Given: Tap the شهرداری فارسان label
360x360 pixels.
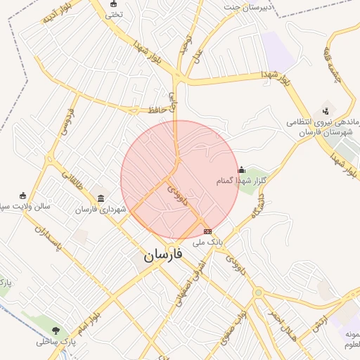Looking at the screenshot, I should coord(103,210).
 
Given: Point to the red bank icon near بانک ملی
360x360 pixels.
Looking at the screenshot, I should coord(207,231).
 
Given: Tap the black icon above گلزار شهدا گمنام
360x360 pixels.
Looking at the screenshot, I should coord(242,169).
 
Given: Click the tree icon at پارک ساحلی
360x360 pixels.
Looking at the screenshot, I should coord(56,330).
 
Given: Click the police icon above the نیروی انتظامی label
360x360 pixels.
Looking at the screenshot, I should coord(325,110).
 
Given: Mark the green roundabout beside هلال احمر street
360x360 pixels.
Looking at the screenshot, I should coord(259,292).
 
